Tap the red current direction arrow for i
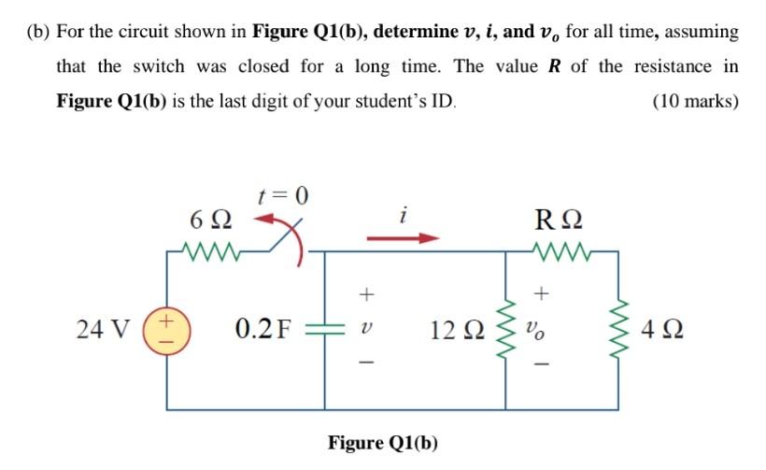point(401,239)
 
